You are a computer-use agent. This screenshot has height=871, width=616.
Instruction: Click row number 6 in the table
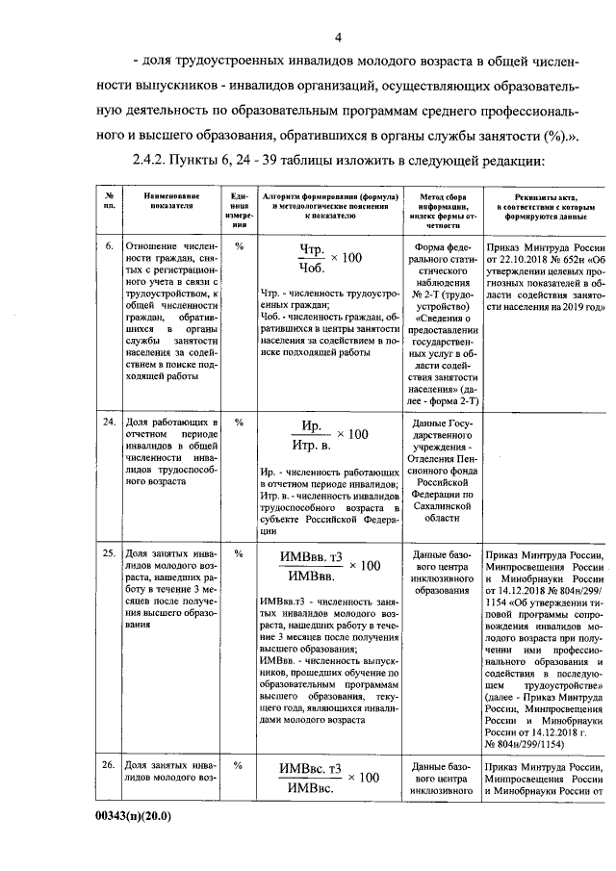(x=110, y=246)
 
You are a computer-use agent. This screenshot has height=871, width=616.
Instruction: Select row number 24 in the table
(x=110, y=423)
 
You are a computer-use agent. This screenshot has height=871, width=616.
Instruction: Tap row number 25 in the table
(x=110, y=554)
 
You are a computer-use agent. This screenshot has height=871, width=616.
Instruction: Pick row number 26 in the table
(x=110, y=766)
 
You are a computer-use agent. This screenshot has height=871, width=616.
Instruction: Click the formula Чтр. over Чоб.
(x=310, y=259)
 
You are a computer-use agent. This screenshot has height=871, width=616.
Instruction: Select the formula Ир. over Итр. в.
(x=310, y=435)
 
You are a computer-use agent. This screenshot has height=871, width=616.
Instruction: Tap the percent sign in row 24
(x=240, y=423)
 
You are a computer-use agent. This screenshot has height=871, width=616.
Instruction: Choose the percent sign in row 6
(x=240, y=246)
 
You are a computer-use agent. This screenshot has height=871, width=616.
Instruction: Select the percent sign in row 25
(x=240, y=554)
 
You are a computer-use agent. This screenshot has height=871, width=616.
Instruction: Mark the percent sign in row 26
(x=240, y=766)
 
